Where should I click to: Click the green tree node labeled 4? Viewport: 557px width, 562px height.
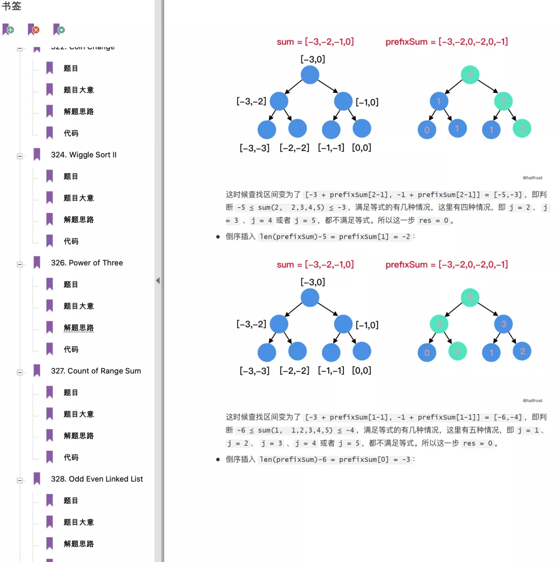(470, 75)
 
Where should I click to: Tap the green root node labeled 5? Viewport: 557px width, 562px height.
(470, 297)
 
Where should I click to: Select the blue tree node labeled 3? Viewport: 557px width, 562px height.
(503, 324)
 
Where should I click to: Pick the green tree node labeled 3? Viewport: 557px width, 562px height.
(503, 101)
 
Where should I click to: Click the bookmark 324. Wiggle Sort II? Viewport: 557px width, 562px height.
(84, 155)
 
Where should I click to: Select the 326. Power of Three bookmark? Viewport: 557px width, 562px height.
(87, 263)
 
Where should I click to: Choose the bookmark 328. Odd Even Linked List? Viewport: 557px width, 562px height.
(97, 479)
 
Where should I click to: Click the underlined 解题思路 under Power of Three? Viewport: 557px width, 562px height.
(78, 328)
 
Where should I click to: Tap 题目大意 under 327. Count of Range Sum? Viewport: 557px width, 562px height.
(78, 414)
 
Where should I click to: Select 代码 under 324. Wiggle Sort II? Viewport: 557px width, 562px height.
(71, 241)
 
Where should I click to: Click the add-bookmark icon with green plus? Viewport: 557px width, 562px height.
(8, 30)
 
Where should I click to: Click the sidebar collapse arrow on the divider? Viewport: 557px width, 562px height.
(158, 280)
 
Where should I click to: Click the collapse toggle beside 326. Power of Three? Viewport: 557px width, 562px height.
(20, 265)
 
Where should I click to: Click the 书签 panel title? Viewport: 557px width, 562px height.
(11, 7)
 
